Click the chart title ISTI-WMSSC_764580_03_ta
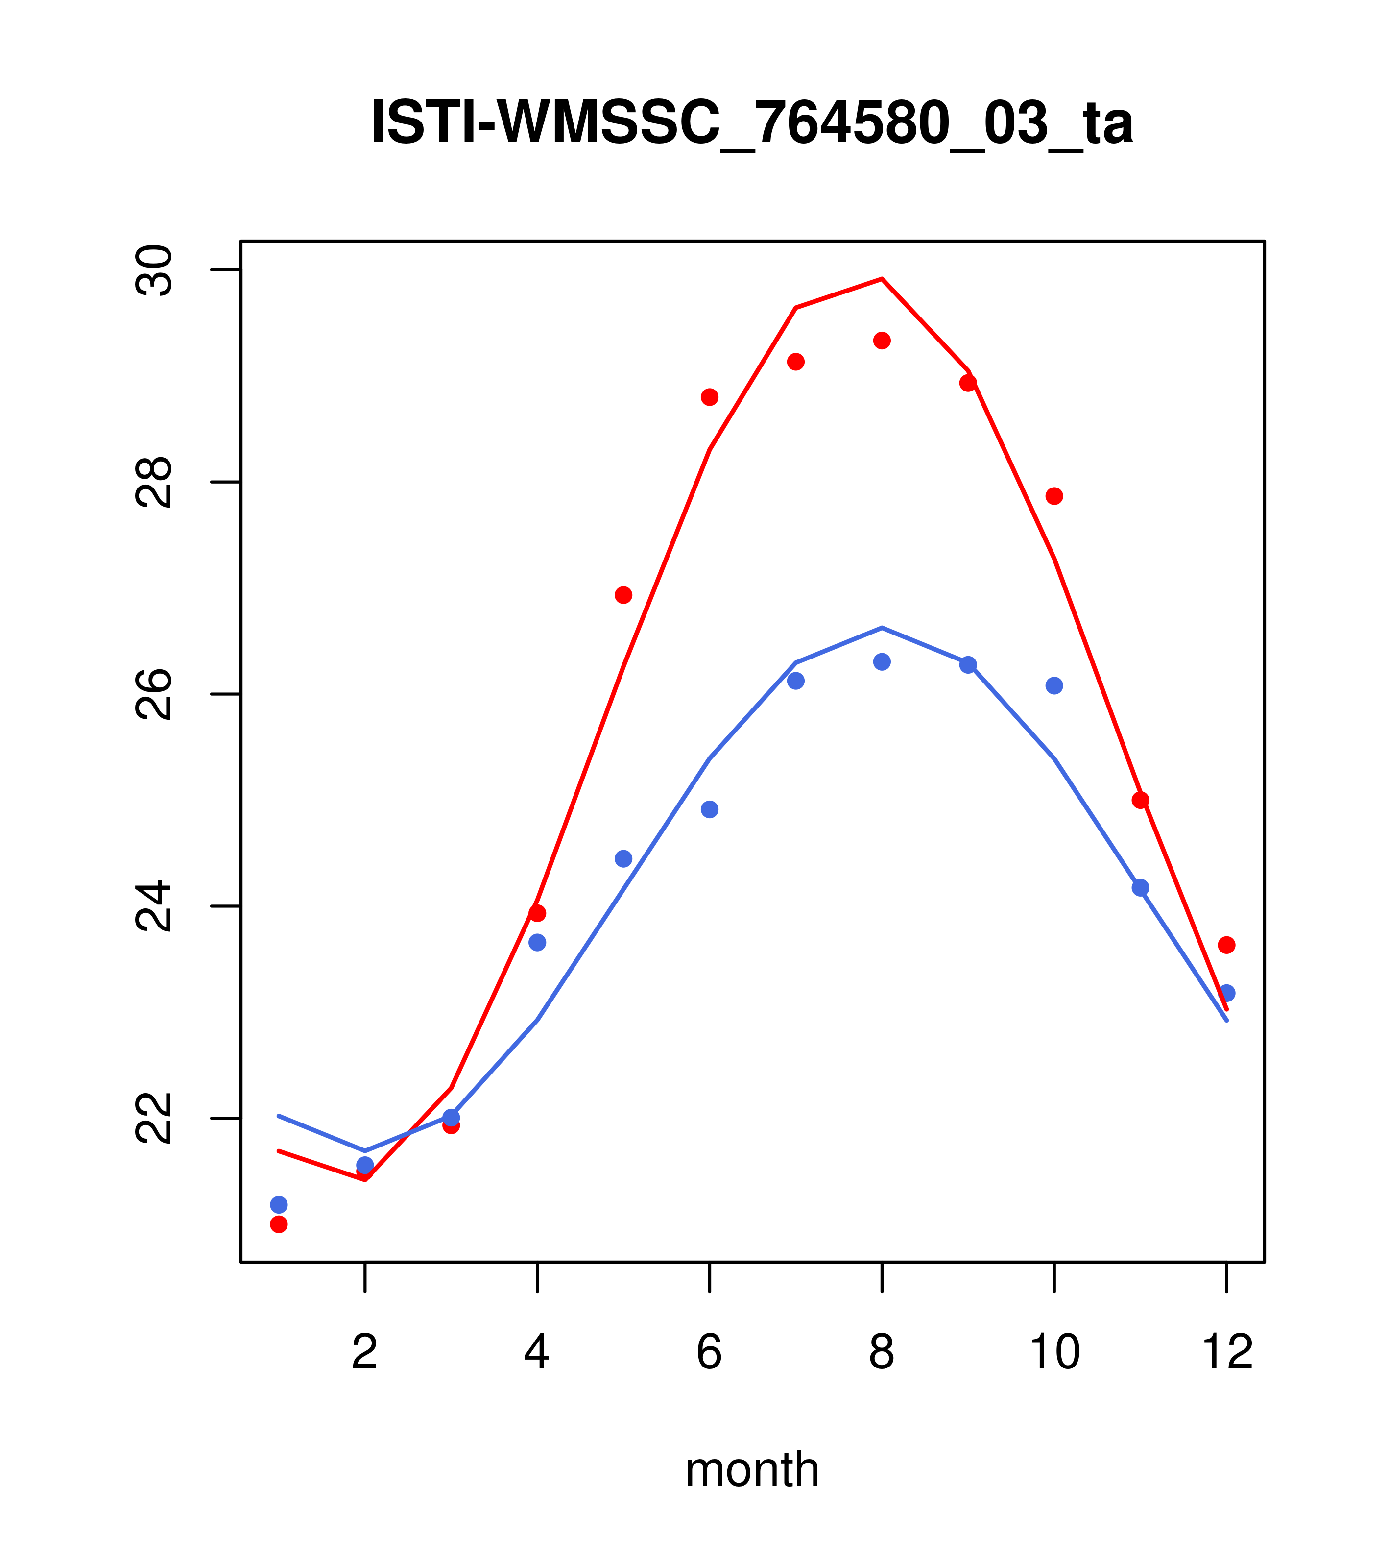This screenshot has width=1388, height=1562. coord(752,123)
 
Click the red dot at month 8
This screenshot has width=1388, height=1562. coord(882,340)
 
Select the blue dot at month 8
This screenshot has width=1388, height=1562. coord(882,662)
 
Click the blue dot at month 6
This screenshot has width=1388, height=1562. coord(710,809)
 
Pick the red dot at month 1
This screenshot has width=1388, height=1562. coord(279,1224)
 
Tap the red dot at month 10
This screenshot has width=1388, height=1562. coord(1054,496)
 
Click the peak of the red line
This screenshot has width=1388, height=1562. coord(882,279)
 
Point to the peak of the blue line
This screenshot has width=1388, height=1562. coord(882,628)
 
